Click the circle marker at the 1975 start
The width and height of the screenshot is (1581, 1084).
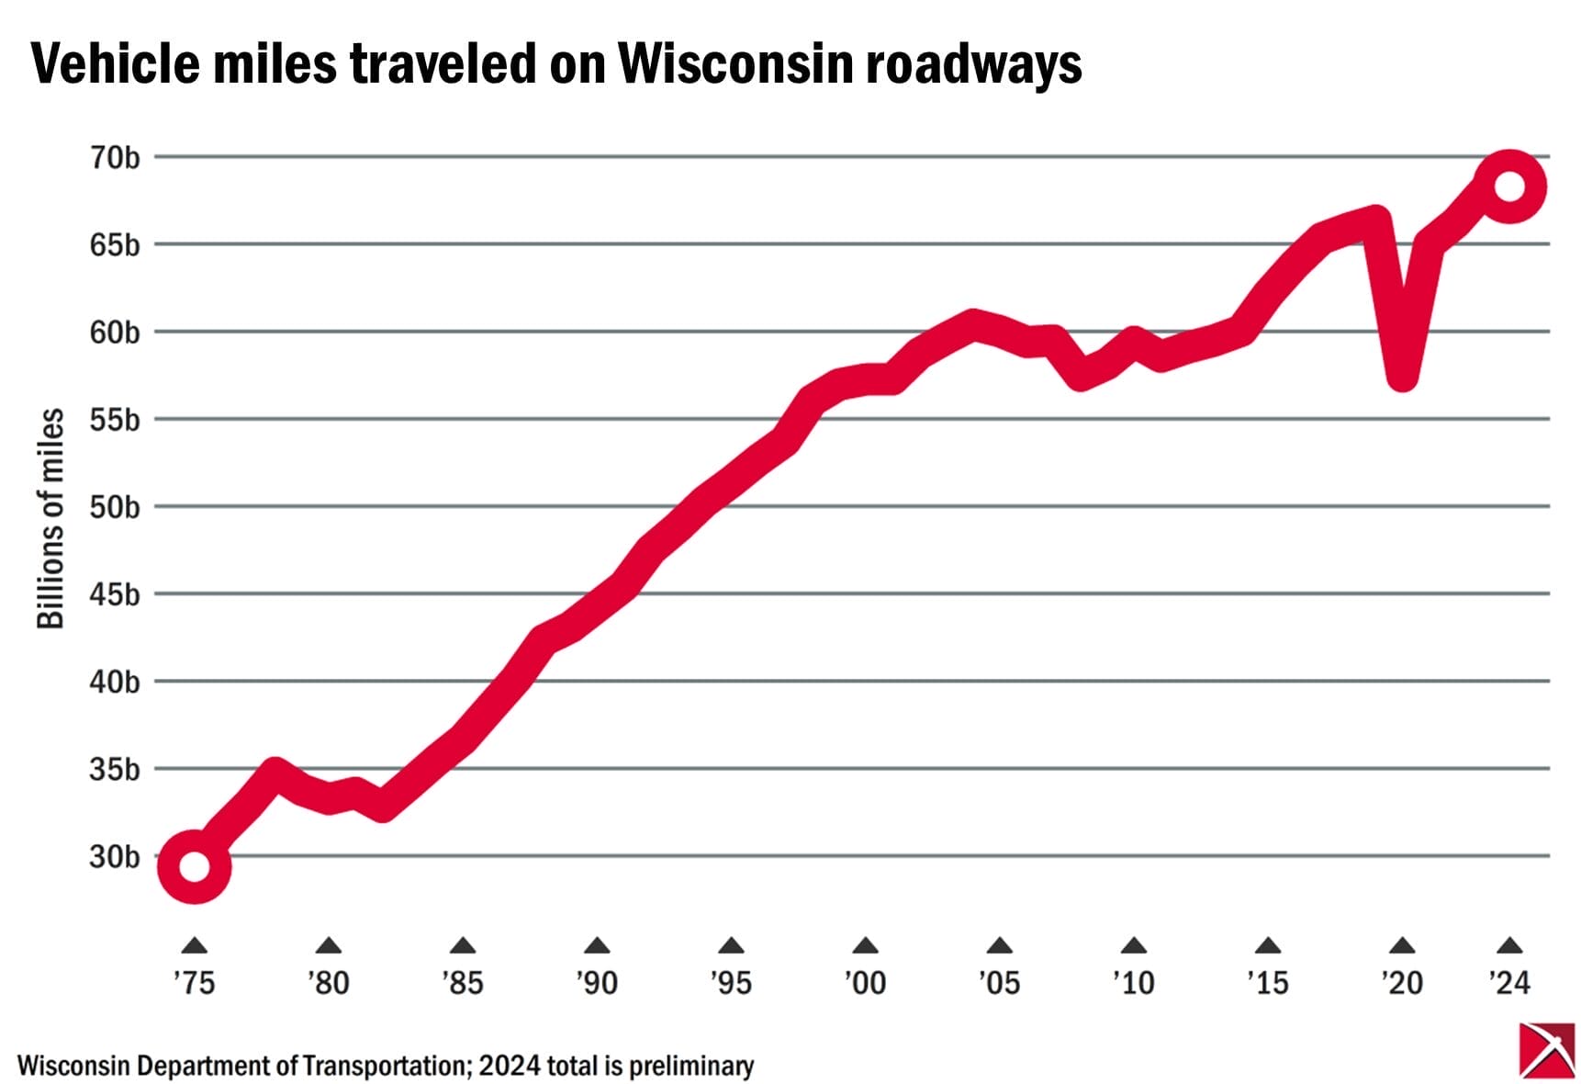[x=195, y=865]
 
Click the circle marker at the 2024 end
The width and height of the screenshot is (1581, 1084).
[x=1509, y=186]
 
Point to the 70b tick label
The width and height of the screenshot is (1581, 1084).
[x=115, y=158]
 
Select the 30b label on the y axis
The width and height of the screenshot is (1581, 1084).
[x=115, y=856]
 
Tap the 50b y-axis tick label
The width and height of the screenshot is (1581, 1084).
[x=115, y=507]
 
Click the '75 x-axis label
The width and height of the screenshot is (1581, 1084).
[x=194, y=983]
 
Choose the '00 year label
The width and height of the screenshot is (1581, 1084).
[x=865, y=983]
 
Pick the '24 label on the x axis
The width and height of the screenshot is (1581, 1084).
[x=1509, y=983]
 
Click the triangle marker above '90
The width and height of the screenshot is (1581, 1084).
[x=597, y=945]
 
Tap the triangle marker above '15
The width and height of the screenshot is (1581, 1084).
[x=1268, y=945]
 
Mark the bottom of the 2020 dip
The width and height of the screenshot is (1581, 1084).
[x=1402, y=377]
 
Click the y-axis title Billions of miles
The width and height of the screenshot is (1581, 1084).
[x=50, y=519]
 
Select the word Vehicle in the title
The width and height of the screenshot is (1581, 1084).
[x=116, y=64]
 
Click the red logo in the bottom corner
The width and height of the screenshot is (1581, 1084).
[x=1546, y=1050]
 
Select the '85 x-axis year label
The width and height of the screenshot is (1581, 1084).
[x=463, y=983]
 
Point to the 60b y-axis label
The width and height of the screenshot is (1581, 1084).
[x=115, y=333]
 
